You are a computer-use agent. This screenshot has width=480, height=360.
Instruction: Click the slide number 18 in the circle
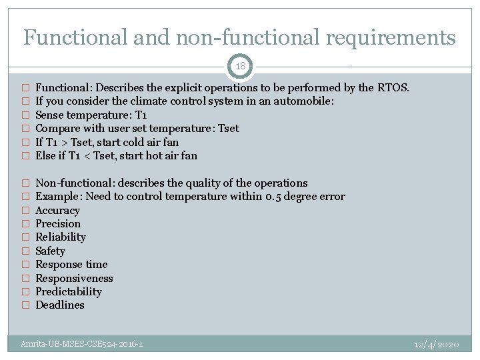[240, 67]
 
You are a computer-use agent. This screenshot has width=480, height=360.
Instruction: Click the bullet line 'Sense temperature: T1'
[91, 115]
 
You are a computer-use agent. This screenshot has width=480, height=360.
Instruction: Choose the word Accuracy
[57, 210]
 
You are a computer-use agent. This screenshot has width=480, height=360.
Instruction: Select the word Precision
[58, 224]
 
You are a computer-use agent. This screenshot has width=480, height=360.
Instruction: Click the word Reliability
[61, 237]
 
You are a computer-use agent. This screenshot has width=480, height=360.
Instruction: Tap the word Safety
[50, 251]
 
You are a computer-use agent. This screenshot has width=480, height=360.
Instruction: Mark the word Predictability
[69, 291]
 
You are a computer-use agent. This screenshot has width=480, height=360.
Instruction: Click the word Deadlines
[60, 305]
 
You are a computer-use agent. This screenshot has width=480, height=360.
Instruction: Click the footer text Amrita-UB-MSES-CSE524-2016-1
[81, 344]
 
